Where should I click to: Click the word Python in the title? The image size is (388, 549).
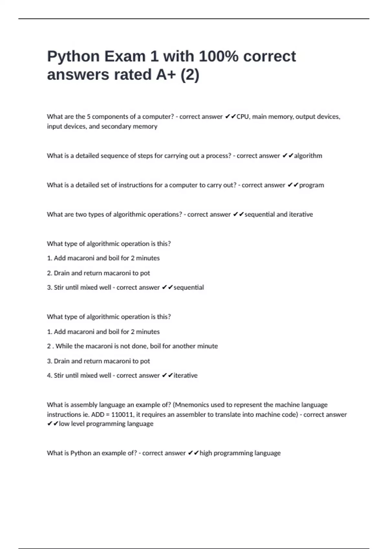point(73,57)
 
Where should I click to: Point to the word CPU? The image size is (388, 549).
point(242,117)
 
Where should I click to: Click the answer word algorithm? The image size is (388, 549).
point(308,156)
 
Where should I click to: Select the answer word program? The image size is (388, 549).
point(311,185)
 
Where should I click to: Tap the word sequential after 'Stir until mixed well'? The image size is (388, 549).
point(189,287)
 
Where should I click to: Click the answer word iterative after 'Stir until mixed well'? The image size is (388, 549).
point(185,375)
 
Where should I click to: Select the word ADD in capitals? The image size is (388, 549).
point(98,414)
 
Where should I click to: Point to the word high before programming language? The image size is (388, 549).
point(206,453)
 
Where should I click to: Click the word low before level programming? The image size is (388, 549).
point(64,424)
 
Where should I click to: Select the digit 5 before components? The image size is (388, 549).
point(89,117)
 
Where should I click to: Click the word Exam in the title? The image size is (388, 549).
point(125,57)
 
